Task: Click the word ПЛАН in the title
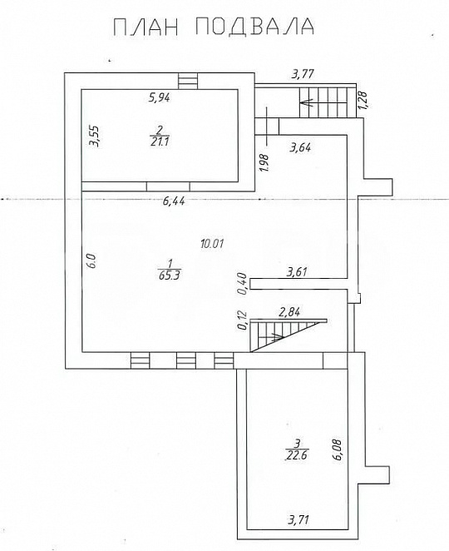[146, 27]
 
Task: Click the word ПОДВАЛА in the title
[255, 27]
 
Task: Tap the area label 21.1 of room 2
[160, 142]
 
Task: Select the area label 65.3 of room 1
[170, 275]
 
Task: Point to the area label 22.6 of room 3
[297, 455]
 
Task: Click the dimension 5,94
[160, 97]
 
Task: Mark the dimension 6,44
[174, 201]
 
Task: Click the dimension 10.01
[212, 243]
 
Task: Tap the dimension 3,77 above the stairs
[303, 74]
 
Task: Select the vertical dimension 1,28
[363, 100]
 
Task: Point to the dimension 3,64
[300, 147]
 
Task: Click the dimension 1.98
[265, 162]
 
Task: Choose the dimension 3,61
[297, 272]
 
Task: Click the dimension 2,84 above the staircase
[289, 311]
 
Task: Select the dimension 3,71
[299, 519]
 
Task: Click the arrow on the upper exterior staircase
[307, 103]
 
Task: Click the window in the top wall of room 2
[188, 82]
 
